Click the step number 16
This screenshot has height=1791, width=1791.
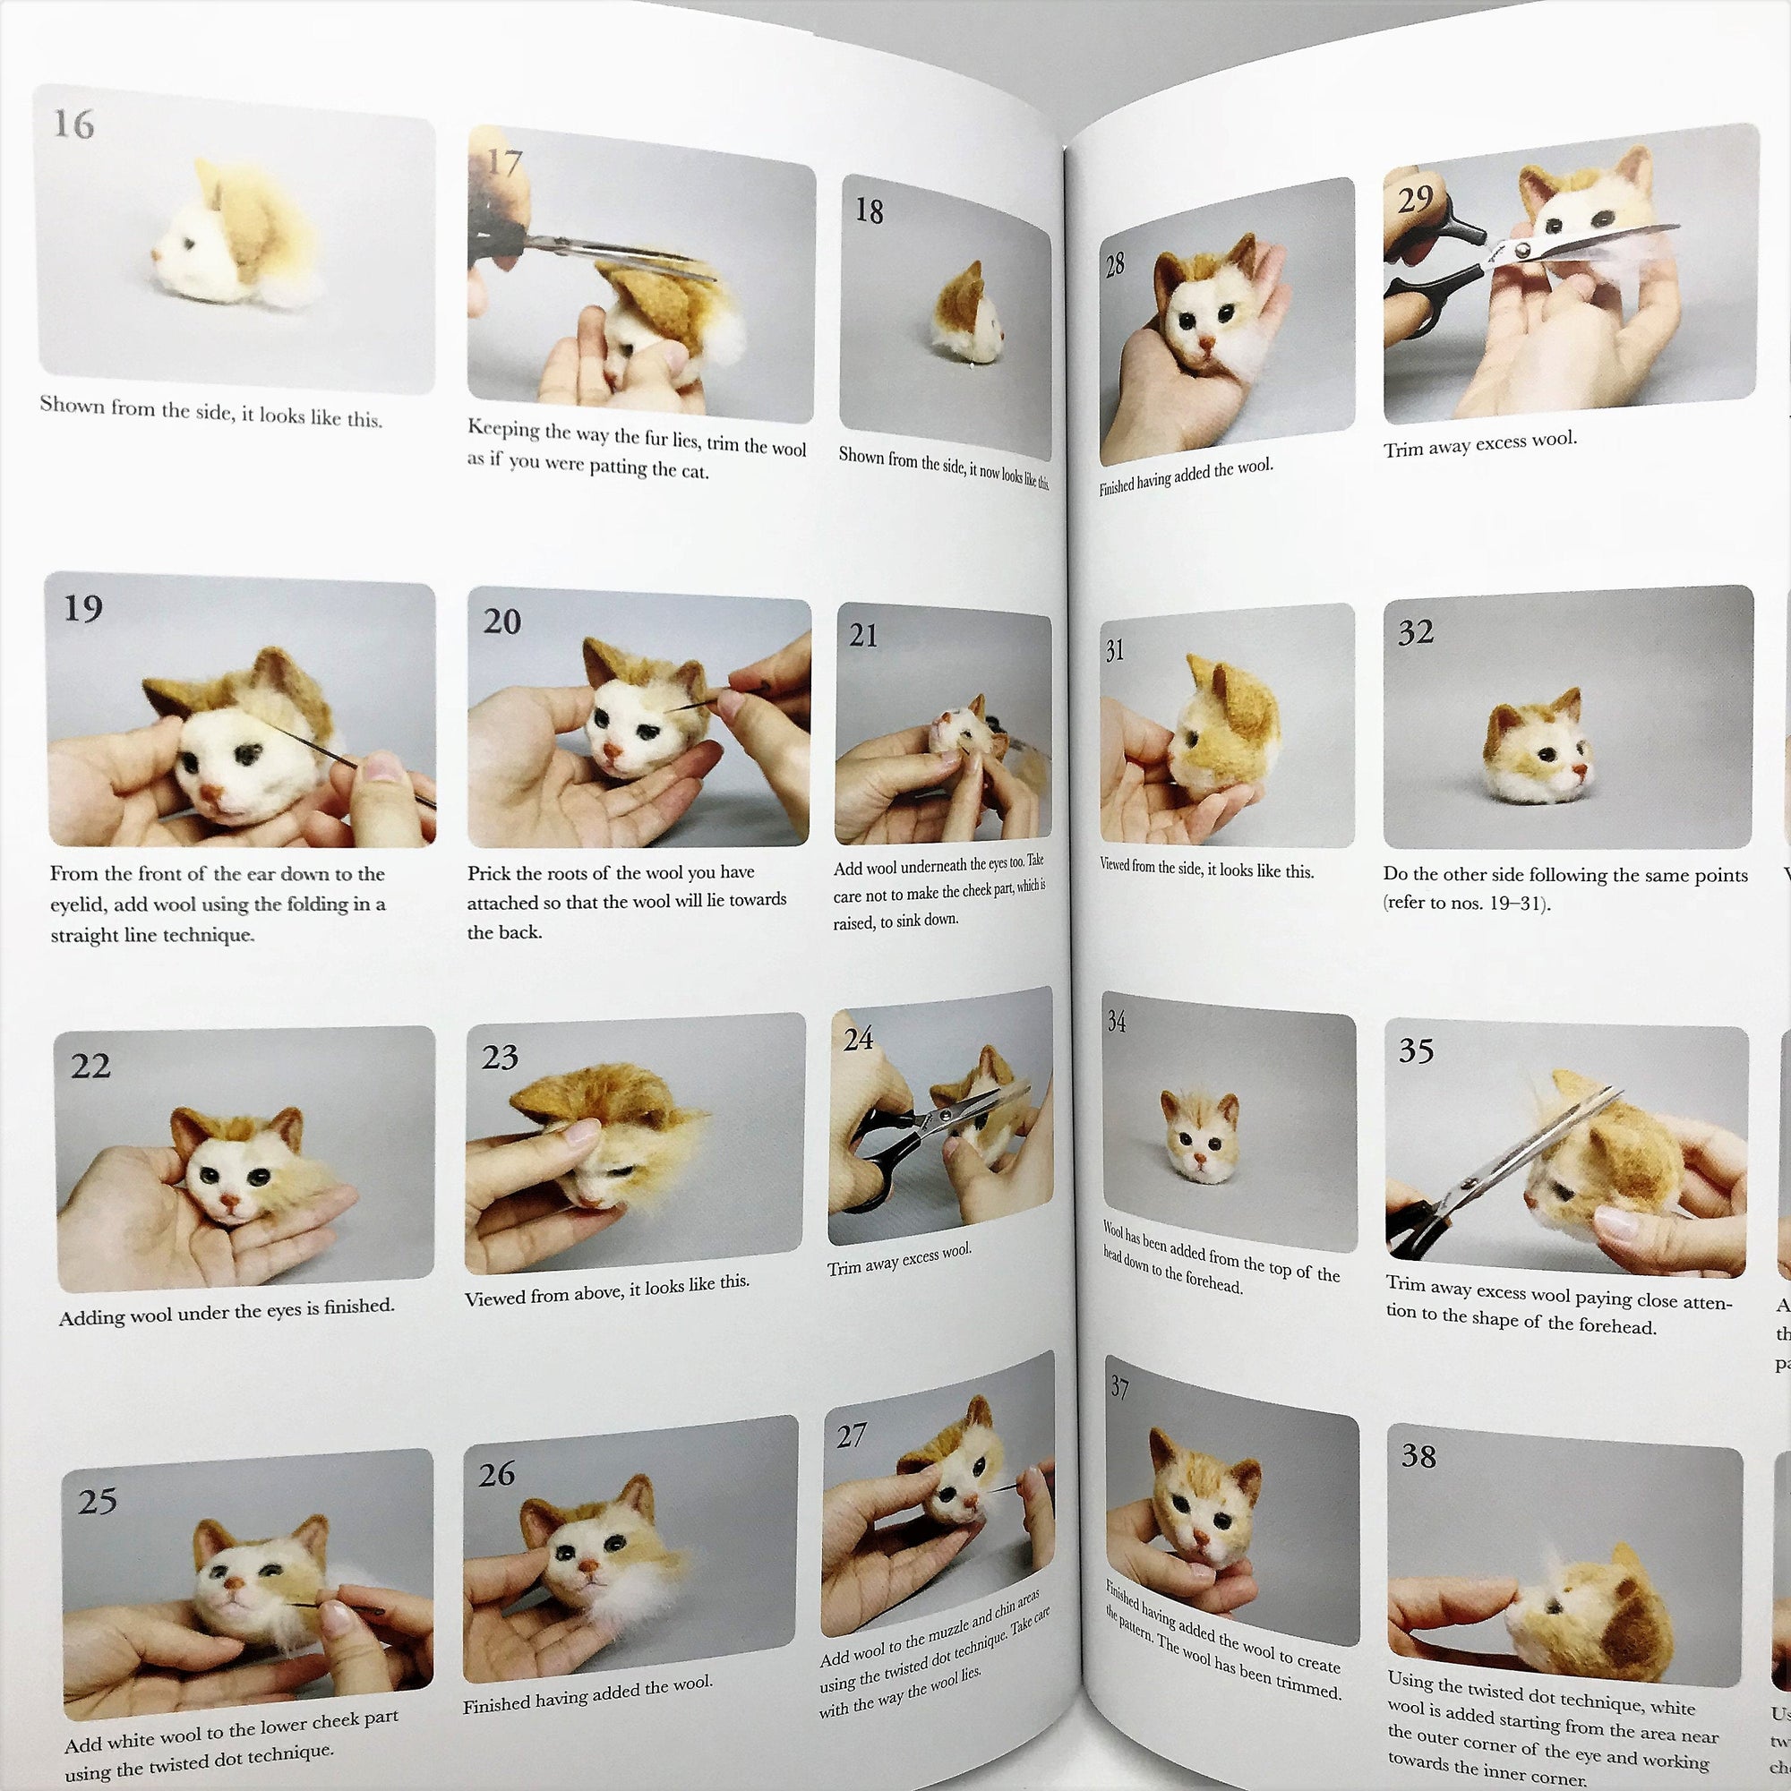point(74,124)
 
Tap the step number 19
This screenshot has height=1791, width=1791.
point(83,608)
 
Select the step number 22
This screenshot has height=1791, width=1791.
point(90,1065)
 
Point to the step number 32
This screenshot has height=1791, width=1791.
point(1416,632)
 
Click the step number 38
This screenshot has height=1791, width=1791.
point(1418,1455)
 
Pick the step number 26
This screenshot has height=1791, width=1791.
point(497,1474)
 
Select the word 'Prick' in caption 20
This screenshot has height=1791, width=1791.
point(489,872)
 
